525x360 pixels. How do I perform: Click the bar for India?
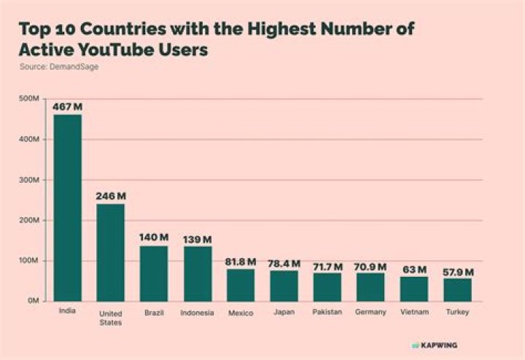click(67, 208)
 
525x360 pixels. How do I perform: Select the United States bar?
click(111, 252)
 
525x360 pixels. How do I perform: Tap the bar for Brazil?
click(154, 273)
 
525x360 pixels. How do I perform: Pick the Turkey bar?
click(458, 289)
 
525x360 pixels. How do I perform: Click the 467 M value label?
click(67, 107)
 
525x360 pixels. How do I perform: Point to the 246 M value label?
click(111, 197)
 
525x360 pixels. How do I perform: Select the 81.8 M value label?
click(241, 262)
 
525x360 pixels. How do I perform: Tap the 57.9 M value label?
click(458, 272)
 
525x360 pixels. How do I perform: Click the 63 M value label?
click(414, 270)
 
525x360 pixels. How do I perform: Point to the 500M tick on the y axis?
click(28, 99)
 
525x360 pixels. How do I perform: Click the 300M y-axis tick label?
click(28, 180)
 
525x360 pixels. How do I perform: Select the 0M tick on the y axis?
click(32, 301)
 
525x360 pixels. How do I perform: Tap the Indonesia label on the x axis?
click(198, 313)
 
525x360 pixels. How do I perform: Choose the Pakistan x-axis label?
click(327, 313)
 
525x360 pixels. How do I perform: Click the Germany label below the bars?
click(371, 313)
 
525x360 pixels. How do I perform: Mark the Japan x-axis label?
click(284, 313)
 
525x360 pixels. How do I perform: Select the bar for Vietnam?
click(414, 289)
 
